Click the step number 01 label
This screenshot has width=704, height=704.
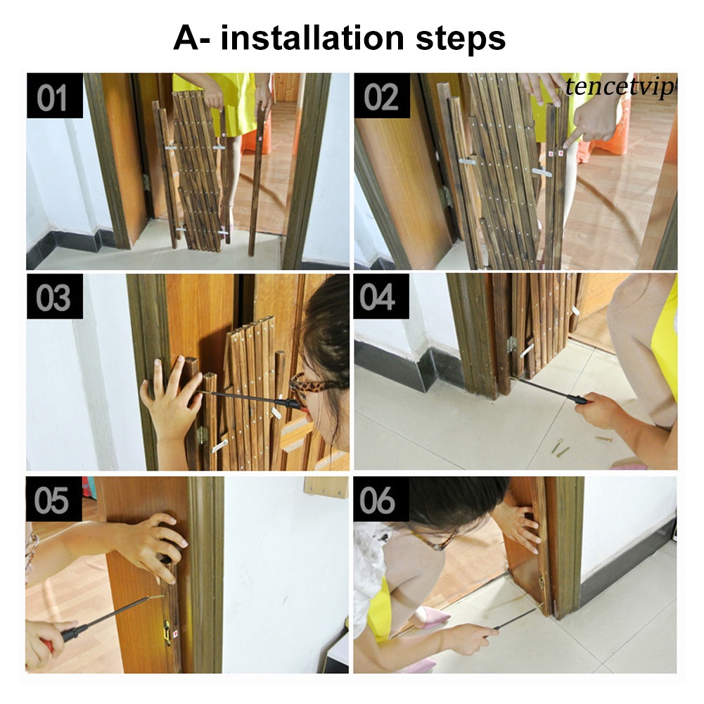tap(51, 98)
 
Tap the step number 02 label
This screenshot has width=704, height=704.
tap(381, 97)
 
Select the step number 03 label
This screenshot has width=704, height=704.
tap(53, 297)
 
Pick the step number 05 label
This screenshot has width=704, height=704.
tap(51, 500)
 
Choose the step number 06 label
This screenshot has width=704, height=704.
tap(377, 500)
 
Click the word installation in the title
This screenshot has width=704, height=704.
tap(312, 38)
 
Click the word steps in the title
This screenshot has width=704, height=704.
tap(461, 39)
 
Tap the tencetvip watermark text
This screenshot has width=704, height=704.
tap(620, 87)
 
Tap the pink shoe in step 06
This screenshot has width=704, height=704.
tap(433, 619)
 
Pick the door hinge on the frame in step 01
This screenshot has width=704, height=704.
tap(146, 182)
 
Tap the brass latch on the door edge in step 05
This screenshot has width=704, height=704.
tap(167, 633)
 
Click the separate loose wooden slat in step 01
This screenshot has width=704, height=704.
tap(257, 179)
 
